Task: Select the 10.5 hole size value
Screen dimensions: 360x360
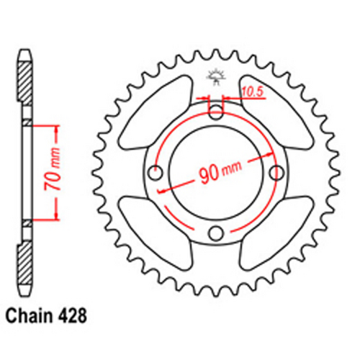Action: click(x=251, y=91)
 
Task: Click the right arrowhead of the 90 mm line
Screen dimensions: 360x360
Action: click(x=274, y=158)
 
